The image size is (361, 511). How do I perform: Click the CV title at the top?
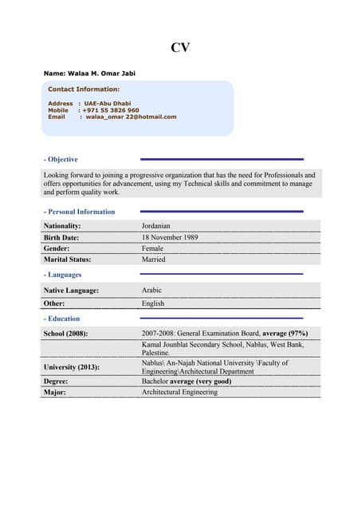click(180, 48)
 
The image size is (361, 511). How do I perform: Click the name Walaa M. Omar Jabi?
click(89, 73)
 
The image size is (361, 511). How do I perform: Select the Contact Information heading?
click(84, 89)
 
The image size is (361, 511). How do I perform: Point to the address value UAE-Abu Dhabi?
click(108, 104)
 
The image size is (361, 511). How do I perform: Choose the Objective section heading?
click(62, 160)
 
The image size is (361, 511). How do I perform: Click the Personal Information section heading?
click(80, 212)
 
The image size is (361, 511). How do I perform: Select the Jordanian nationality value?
click(156, 226)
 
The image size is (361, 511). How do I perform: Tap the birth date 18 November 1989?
click(170, 237)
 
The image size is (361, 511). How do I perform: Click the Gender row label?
click(57, 248)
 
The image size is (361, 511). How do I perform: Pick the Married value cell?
click(154, 259)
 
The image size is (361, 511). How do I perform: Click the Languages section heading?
click(64, 275)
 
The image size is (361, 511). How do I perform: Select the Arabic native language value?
click(151, 291)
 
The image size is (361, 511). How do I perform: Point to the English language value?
click(153, 303)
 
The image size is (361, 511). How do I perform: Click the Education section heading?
click(63, 319)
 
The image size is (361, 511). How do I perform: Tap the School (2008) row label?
click(65, 333)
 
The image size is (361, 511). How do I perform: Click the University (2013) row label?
click(73, 366)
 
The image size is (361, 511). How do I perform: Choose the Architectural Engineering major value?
click(179, 392)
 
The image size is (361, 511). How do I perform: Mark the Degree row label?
click(56, 382)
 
